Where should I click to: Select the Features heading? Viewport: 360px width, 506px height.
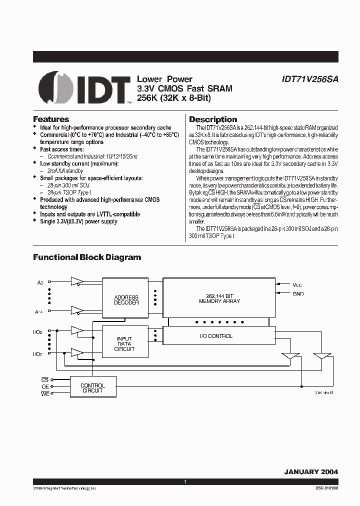click(51, 119)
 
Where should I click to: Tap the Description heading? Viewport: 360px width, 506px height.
click(213, 119)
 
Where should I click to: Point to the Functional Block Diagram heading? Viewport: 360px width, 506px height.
click(87, 257)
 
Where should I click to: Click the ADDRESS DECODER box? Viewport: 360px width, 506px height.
click(126, 300)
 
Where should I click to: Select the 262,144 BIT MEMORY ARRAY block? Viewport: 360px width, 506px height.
click(219, 298)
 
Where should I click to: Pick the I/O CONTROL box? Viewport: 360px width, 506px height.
click(219, 336)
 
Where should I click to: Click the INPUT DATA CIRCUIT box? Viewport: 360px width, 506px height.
click(124, 343)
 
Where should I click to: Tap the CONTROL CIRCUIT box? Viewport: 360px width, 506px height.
click(92, 388)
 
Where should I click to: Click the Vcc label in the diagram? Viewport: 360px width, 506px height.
click(297, 284)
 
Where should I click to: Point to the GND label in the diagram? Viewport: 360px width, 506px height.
click(298, 294)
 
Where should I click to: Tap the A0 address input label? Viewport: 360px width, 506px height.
click(40, 283)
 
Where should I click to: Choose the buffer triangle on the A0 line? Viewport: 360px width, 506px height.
click(76, 281)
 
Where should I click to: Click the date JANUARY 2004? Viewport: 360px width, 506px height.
click(311, 471)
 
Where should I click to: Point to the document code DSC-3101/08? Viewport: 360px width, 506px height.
click(324, 488)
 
